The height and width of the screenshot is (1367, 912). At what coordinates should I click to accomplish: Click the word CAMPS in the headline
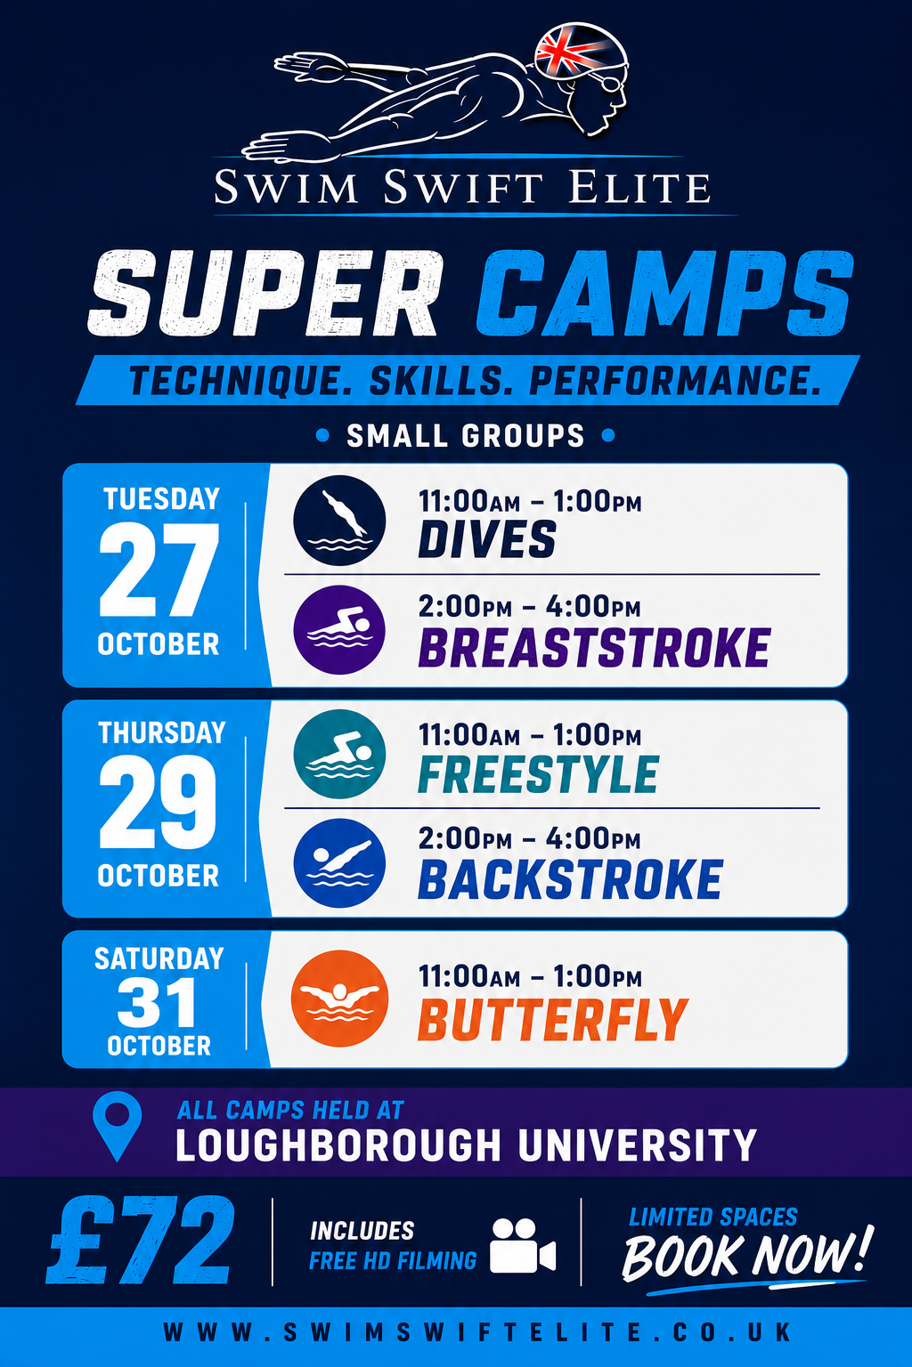coord(664,294)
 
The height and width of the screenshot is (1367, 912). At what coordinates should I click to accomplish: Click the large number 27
coord(159,570)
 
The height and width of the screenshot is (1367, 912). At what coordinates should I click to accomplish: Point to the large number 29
coord(159,801)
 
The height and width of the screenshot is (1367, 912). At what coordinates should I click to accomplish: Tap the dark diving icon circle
coord(339,521)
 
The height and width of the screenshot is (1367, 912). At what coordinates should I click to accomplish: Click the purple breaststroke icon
coord(339,630)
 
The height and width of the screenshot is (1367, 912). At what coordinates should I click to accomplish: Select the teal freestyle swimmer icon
coord(339,754)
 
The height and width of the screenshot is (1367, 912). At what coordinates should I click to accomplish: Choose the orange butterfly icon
coord(339,999)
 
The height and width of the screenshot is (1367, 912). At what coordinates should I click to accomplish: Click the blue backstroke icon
coord(339,863)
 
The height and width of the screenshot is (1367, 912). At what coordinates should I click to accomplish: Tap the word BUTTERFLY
coord(553,1019)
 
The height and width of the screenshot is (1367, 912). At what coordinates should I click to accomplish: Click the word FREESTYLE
coord(538,774)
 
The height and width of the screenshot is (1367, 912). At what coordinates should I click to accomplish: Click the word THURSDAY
coord(162,732)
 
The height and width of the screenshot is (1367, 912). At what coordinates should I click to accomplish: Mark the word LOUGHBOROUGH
coord(338,1145)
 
